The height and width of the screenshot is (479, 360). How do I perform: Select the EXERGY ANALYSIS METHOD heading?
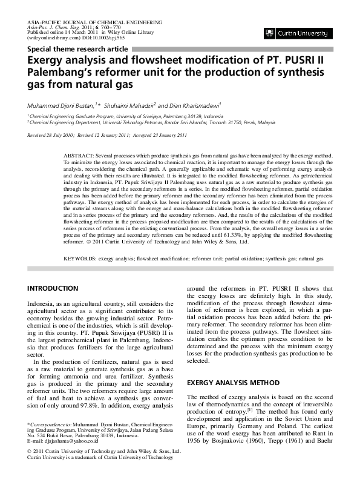(224, 383)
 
